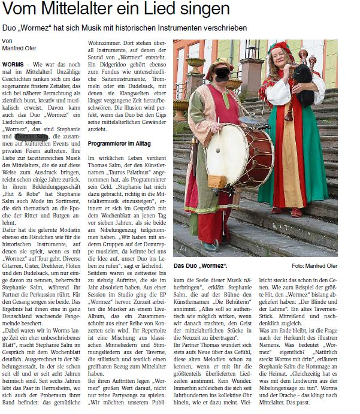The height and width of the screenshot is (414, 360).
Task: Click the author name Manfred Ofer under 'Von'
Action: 20,49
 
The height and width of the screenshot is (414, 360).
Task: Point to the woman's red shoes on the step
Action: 286,211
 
